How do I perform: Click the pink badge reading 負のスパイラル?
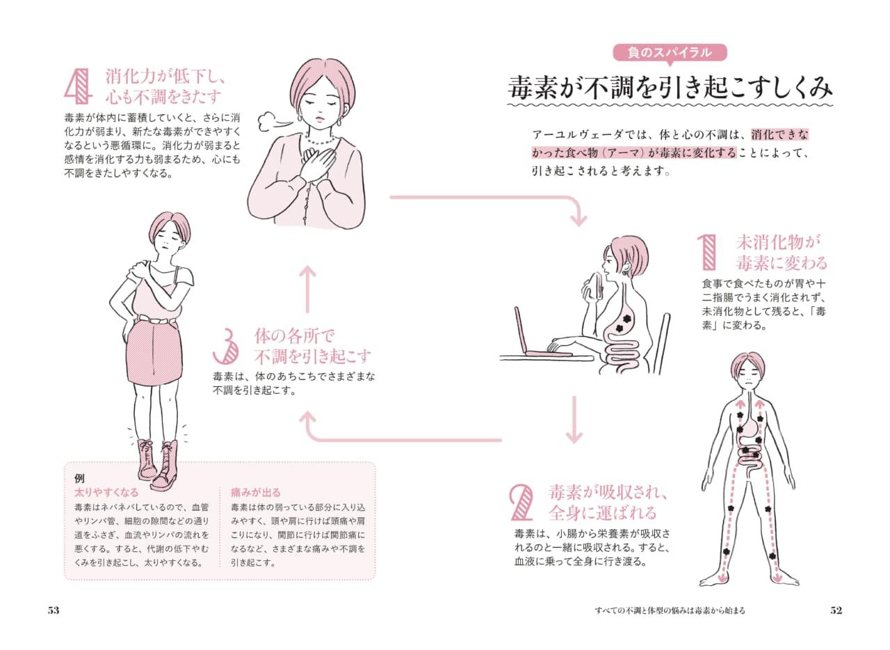(670, 53)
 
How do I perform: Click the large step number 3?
(226, 346)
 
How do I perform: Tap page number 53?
(54, 610)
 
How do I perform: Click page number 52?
(836, 610)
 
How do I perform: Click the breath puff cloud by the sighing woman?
(270, 122)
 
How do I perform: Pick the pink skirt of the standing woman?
(154, 352)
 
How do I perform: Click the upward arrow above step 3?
(307, 290)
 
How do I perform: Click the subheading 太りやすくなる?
(106, 492)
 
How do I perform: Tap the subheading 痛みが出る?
(256, 492)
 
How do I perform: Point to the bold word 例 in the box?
(79, 477)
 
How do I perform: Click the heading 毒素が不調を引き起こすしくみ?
(670, 88)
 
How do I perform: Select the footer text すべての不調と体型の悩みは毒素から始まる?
(670, 610)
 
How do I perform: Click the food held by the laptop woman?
(595, 285)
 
